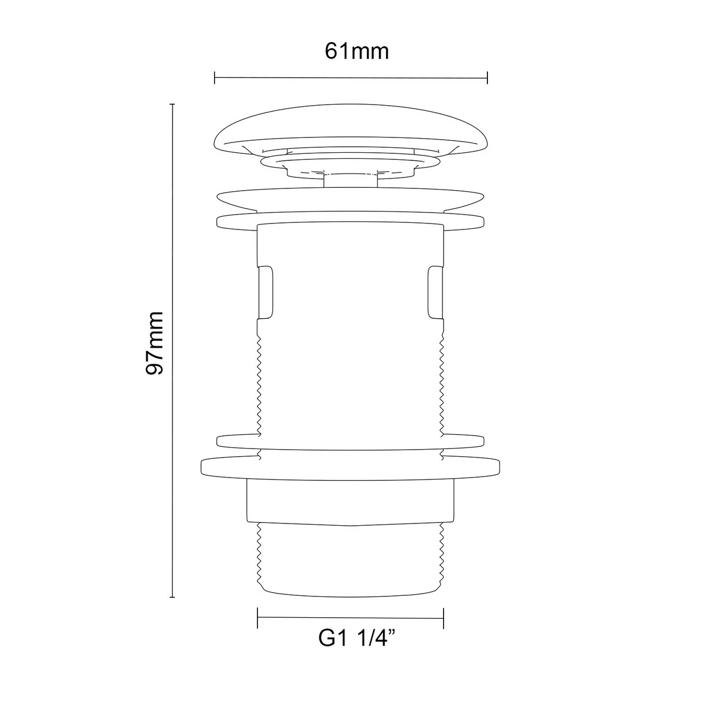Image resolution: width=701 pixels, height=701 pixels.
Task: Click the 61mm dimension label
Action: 357,51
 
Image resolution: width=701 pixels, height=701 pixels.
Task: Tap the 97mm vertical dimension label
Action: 154,343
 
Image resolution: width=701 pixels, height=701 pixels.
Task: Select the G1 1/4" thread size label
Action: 357,639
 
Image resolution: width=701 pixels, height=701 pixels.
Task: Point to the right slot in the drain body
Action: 436,292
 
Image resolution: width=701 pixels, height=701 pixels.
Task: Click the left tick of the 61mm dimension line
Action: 215,78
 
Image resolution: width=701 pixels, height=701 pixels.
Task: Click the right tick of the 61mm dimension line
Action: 487,78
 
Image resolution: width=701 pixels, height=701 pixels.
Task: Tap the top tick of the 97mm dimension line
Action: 173,104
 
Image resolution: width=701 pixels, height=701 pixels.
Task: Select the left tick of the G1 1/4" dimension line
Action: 258,617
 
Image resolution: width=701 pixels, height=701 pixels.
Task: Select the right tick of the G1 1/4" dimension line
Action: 443,617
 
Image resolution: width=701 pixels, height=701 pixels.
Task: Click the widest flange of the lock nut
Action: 350,467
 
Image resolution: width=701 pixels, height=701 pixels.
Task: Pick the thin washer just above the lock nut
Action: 350,441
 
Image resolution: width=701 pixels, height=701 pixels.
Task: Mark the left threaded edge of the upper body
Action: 260,378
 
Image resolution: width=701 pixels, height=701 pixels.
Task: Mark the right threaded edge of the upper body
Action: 441,378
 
